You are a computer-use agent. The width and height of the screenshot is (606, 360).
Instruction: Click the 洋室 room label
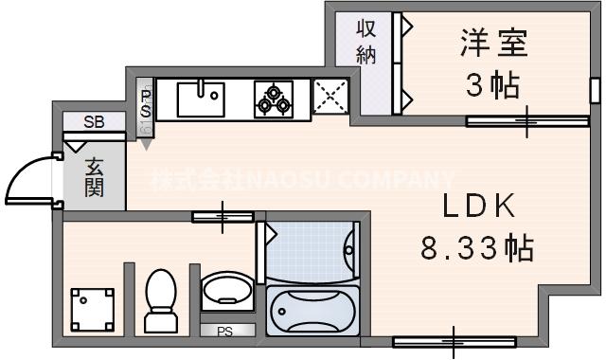(x=493, y=45)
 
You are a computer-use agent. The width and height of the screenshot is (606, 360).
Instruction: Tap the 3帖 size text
(x=492, y=85)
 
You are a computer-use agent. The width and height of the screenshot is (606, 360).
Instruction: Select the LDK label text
(x=479, y=207)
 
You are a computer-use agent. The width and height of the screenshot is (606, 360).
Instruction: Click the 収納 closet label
(x=366, y=42)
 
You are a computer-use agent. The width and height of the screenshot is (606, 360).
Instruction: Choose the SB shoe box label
(x=94, y=121)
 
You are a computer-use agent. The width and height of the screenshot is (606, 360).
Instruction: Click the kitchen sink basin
(x=202, y=98)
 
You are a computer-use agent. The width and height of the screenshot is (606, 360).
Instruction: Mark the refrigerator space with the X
(x=330, y=98)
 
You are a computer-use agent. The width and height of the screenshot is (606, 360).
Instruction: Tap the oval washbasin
(x=227, y=290)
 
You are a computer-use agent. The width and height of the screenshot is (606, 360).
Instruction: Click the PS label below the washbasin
(x=224, y=332)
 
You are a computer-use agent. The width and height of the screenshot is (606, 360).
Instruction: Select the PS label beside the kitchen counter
(x=146, y=103)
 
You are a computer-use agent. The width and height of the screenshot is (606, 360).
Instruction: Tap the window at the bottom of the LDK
(x=454, y=341)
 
